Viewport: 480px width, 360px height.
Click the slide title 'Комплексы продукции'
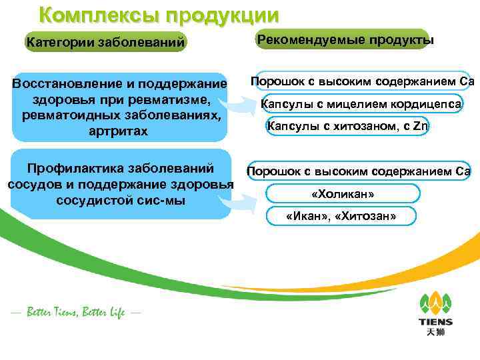tap(159, 15)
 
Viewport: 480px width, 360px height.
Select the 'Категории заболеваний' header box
tap(105, 43)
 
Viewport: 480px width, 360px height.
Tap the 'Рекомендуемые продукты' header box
tap(345, 40)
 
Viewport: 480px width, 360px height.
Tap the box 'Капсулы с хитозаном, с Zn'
tap(347, 126)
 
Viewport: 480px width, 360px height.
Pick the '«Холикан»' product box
tap(343, 194)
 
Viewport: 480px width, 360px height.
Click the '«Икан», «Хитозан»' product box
tap(340, 216)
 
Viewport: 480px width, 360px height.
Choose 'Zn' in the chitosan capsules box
tap(419, 126)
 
